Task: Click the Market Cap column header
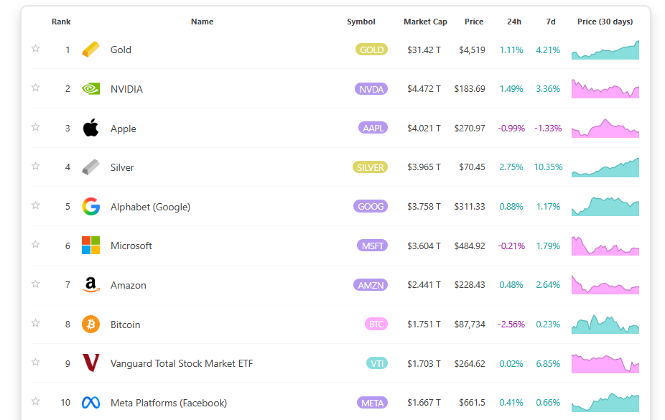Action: [425, 22]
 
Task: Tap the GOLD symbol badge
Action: [371, 50]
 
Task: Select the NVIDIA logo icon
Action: [90, 89]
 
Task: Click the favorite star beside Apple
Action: [35, 127]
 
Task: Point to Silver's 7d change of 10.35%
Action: [548, 167]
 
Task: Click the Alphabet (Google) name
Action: [150, 207]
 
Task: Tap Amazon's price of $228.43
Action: [469, 285]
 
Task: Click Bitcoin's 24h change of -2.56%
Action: [511, 325]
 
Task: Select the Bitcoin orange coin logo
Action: [90, 325]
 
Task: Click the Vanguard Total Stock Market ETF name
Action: [182, 364]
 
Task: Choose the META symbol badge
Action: [372, 403]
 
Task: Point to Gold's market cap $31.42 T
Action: [424, 50]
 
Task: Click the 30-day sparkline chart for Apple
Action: [605, 129]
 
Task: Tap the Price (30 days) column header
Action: [605, 22]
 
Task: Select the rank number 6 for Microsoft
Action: [68, 246]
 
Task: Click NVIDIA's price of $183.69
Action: [469, 89]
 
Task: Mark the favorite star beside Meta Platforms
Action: [35, 401]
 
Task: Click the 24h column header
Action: [514, 22]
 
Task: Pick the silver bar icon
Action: [90, 167]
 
